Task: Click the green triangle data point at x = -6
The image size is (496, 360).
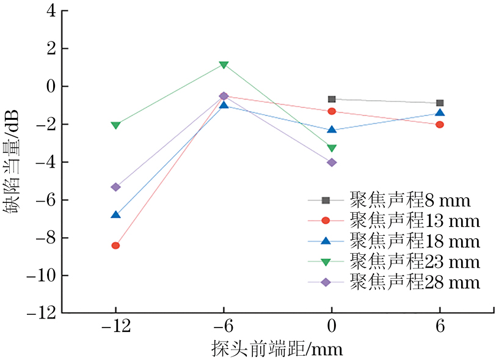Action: click(x=224, y=65)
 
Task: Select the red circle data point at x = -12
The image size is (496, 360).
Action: click(x=115, y=246)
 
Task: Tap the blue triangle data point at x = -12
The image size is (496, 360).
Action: click(x=115, y=215)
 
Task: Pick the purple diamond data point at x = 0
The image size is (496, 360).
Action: click(x=332, y=163)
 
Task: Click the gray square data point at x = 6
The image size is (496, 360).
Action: click(x=440, y=103)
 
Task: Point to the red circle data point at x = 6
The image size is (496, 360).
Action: click(x=440, y=125)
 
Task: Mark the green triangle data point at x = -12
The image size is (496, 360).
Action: click(x=115, y=125)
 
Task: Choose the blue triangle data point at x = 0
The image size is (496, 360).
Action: click(x=332, y=130)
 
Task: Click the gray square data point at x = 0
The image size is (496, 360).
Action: click(x=332, y=99)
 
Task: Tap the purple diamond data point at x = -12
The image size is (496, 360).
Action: click(x=115, y=187)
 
